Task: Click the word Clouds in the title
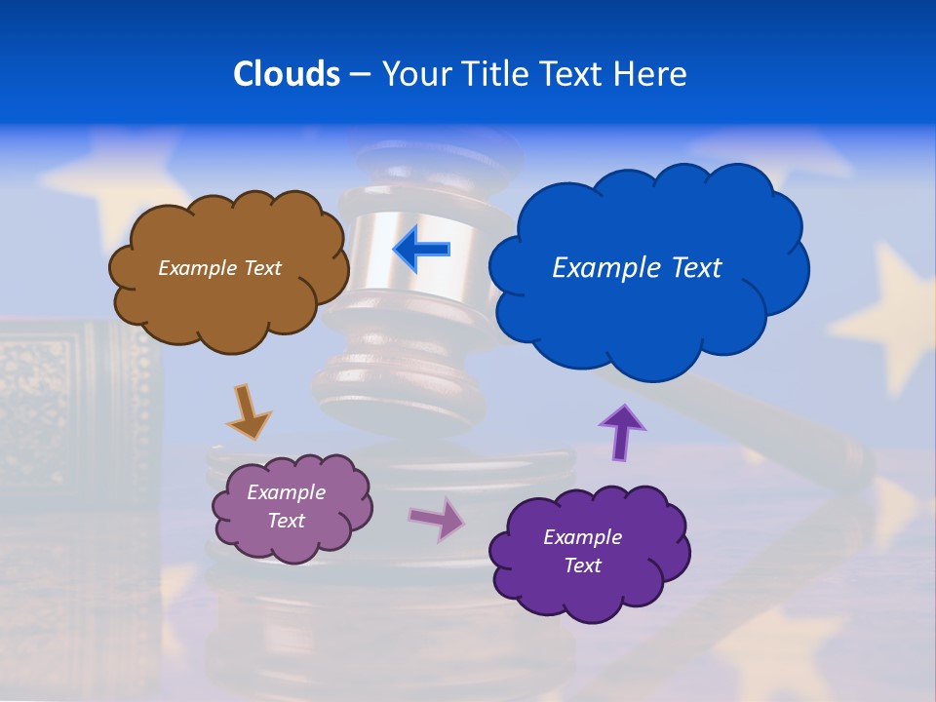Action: point(286,74)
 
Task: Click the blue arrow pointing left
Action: point(422,250)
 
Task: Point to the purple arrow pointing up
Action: point(621,432)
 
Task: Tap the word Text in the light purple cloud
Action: point(287,521)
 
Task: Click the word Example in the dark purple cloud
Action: point(582,537)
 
